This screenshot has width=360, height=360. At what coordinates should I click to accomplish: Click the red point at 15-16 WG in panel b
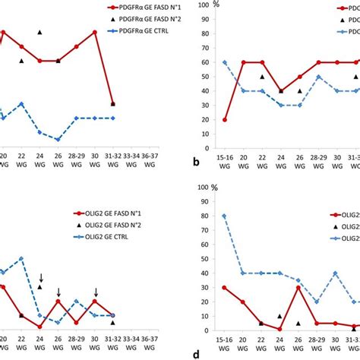[x=224, y=120]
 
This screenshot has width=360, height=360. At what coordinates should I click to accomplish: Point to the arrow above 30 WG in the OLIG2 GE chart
[x=96, y=292]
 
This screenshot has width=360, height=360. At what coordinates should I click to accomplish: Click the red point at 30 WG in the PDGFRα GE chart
[x=95, y=32]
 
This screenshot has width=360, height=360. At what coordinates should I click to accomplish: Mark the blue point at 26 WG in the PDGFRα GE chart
[x=58, y=139]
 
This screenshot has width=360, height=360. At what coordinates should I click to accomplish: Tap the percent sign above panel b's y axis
[x=216, y=6]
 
